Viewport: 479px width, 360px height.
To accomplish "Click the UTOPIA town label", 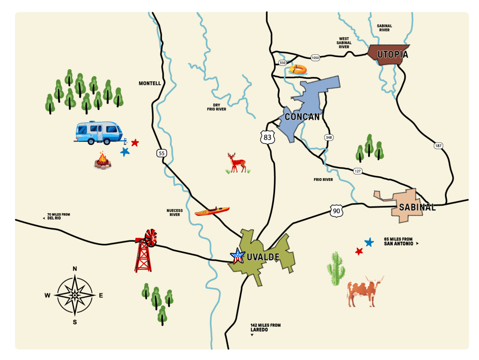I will [393, 55].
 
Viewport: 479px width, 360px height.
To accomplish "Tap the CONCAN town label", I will [302, 117].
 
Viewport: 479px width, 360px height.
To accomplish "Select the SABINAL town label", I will [417, 207].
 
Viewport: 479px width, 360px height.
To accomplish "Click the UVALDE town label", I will [263, 257].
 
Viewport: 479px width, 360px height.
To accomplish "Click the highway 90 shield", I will [336, 211].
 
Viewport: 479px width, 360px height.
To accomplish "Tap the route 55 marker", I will [161, 153].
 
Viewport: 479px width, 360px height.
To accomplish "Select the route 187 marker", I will [438, 146].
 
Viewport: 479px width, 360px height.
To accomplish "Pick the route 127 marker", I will [357, 171].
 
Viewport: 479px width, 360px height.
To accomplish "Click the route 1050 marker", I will [315, 58].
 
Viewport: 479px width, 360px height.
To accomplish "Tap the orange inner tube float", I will [298, 70].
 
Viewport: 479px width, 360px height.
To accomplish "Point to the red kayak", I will [212, 211].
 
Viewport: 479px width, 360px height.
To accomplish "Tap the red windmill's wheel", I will [151, 238].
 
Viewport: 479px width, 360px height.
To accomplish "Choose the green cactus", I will [336, 269].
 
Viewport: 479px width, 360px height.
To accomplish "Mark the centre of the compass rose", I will [74, 295].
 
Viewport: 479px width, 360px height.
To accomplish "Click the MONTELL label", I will [150, 84].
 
